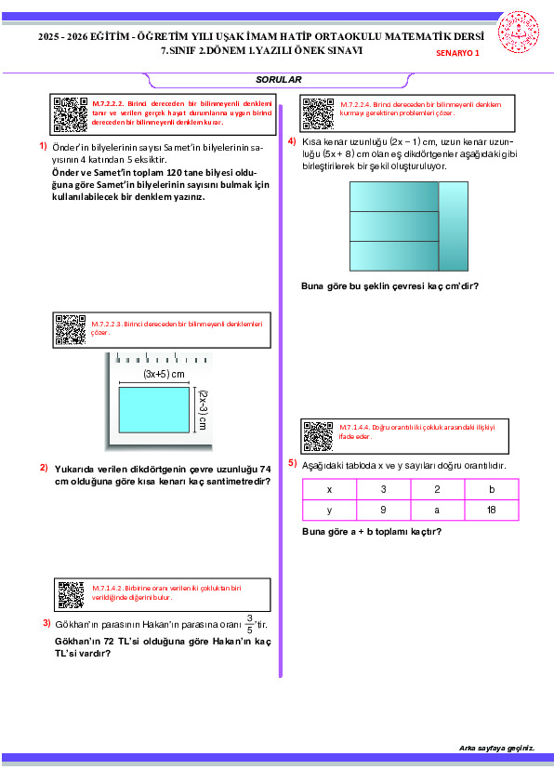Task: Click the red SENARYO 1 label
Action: click(457, 53)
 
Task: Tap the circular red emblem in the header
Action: click(518, 33)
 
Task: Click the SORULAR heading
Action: click(279, 79)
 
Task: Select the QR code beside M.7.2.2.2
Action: click(71, 114)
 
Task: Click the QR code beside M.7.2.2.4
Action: click(319, 113)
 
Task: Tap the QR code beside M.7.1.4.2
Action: click(71, 595)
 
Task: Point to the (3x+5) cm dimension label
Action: click(164, 374)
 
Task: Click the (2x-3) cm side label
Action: click(202, 410)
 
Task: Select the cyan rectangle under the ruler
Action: click(153, 409)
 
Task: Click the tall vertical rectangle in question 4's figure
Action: click(454, 226)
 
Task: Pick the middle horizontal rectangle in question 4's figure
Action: click(394, 226)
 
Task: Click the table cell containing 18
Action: click(492, 510)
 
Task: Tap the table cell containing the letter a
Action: click(437, 510)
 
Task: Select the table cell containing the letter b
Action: click(492, 489)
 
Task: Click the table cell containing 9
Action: click(383, 510)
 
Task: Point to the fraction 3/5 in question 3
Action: click(249, 624)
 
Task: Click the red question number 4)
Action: click(292, 141)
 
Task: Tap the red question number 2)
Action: click(44, 468)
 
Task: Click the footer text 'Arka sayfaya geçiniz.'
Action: click(496, 748)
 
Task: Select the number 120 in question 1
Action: click(174, 173)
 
